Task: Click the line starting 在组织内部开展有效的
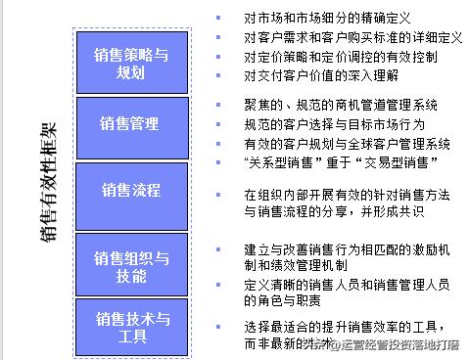(x=347, y=195)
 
